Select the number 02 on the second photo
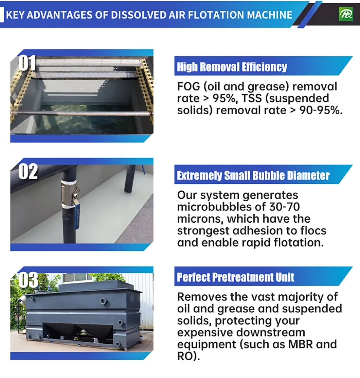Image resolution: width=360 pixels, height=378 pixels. click(28, 172)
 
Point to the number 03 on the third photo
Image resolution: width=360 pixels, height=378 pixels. click(28, 280)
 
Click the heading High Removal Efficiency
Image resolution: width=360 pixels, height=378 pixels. click(232, 67)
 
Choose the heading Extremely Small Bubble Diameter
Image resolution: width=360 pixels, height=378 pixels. click(253, 176)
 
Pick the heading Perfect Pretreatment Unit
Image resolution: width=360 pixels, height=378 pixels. click(236, 277)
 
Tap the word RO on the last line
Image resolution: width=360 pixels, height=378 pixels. click(185, 356)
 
